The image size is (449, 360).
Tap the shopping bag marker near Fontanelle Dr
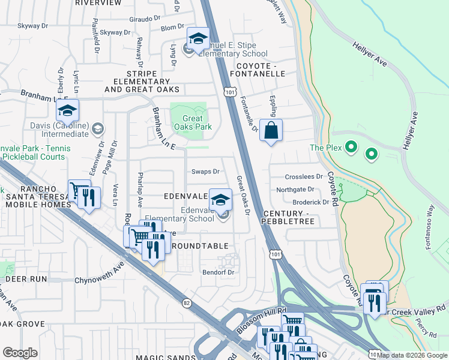click(x=271, y=130)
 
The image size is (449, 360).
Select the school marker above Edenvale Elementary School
click(x=220, y=199)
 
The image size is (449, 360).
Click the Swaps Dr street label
click(x=205, y=172)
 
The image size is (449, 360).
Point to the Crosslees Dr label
click(x=300, y=177)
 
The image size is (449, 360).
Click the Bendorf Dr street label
click(x=217, y=272)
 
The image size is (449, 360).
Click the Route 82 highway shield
click(x=187, y=304)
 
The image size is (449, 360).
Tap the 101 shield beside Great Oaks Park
click(x=229, y=91)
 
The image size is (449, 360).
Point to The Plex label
click(x=325, y=148)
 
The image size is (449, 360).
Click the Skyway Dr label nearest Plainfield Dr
click(x=115, y=32)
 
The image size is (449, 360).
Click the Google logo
click(x=20, y=353)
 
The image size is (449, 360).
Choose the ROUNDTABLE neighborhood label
click(x=200, y=246)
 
